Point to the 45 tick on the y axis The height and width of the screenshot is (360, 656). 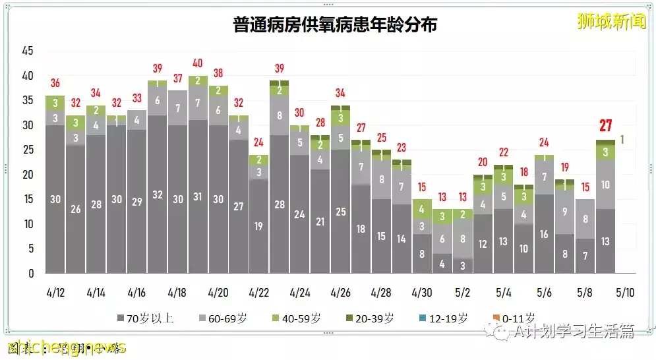[27, 51]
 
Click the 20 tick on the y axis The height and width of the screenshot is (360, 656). [27, 175]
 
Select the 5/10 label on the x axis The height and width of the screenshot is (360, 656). [625, 291]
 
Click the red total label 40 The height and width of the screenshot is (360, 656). [198, 63]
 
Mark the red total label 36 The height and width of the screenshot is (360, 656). [55, 83]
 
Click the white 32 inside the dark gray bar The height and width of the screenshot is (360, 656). [158, 195]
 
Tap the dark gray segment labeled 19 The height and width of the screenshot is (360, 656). [259, 226]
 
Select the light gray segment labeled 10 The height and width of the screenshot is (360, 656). [605, 185]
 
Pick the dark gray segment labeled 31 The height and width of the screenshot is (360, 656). [198, 196]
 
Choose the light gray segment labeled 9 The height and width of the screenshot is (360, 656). [564, 212]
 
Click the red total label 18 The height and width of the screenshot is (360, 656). [524, 172]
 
